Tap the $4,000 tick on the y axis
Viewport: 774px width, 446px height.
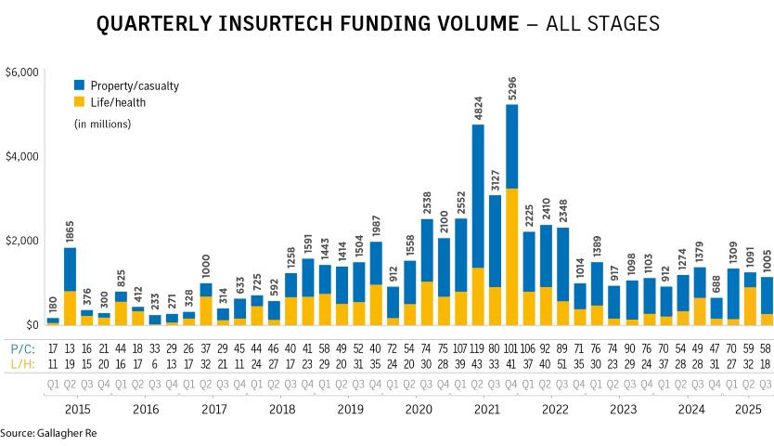tap(21, 156)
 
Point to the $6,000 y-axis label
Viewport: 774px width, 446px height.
tap(21, 72)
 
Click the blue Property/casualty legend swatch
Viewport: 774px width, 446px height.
tap(80, 85)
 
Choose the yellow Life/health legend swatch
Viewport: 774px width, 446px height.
tap(80, 102)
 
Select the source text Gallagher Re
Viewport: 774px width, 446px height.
tap(65, 433)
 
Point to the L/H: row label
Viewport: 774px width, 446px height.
tap(20, 365)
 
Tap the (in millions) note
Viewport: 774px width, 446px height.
tap(102, 124)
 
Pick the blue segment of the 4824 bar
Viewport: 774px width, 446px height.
tap(478, 195)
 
